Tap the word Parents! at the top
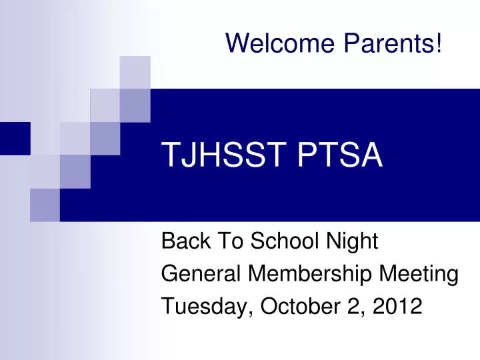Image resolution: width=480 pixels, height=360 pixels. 393,43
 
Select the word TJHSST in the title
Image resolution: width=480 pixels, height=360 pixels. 214,157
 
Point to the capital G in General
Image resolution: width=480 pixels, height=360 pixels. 169,274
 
